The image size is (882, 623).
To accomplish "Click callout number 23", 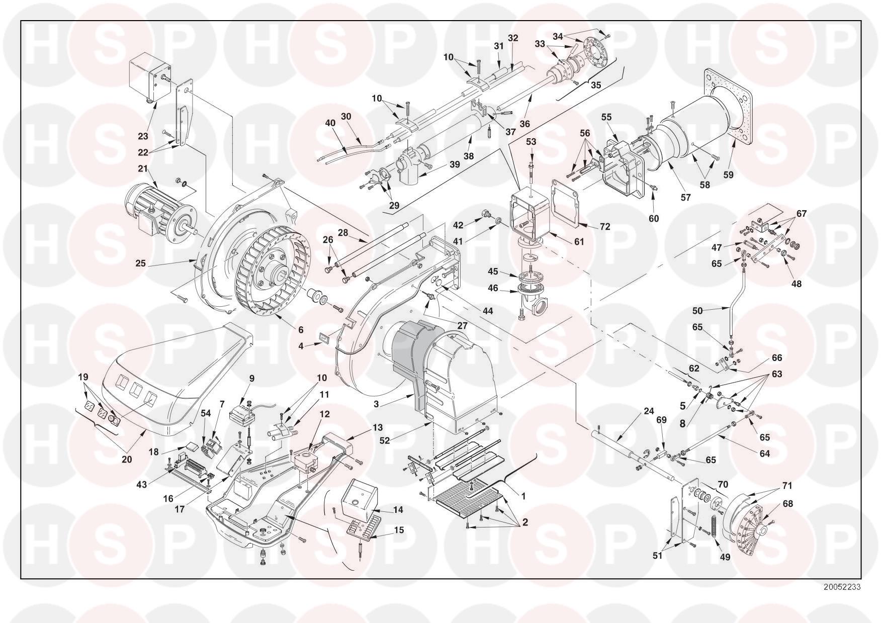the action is click(x=143, y=136).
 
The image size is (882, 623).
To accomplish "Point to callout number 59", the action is click(x=729, y=175).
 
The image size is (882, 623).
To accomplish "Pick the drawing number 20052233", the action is click(x=842, y=587).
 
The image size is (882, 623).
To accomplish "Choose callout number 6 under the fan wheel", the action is click(x=301, y=330).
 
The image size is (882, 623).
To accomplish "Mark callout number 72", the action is click(x=604, y=227).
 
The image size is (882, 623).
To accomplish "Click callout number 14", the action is click(x=398, y=509).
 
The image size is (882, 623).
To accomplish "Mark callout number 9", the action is click(x=251, y=378).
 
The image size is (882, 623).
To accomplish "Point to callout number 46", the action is click(x=493, y=288).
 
